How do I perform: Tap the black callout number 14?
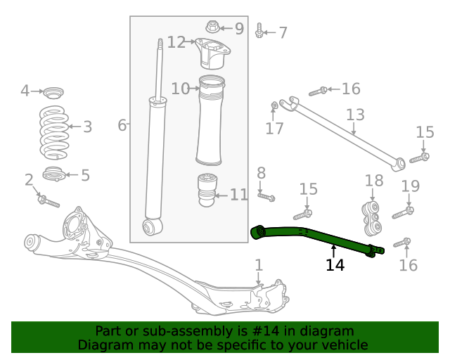pyautogui.click(x=335, y=265)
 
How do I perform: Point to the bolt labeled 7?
pyautogui.click(x=261, y=31)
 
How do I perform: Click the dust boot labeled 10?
pyautogui.click(x=211, y=115)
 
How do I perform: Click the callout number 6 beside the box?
pyautogui.click(x=122, y=125)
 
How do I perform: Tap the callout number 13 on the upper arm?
pyautogui.click(x=355, y=115)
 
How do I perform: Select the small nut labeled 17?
pyautogui.click(x=275, y=106)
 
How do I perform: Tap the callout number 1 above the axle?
pyautogui.click(x=258, y=265)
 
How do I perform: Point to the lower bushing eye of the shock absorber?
pyautogui.click(x=150, y=226)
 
